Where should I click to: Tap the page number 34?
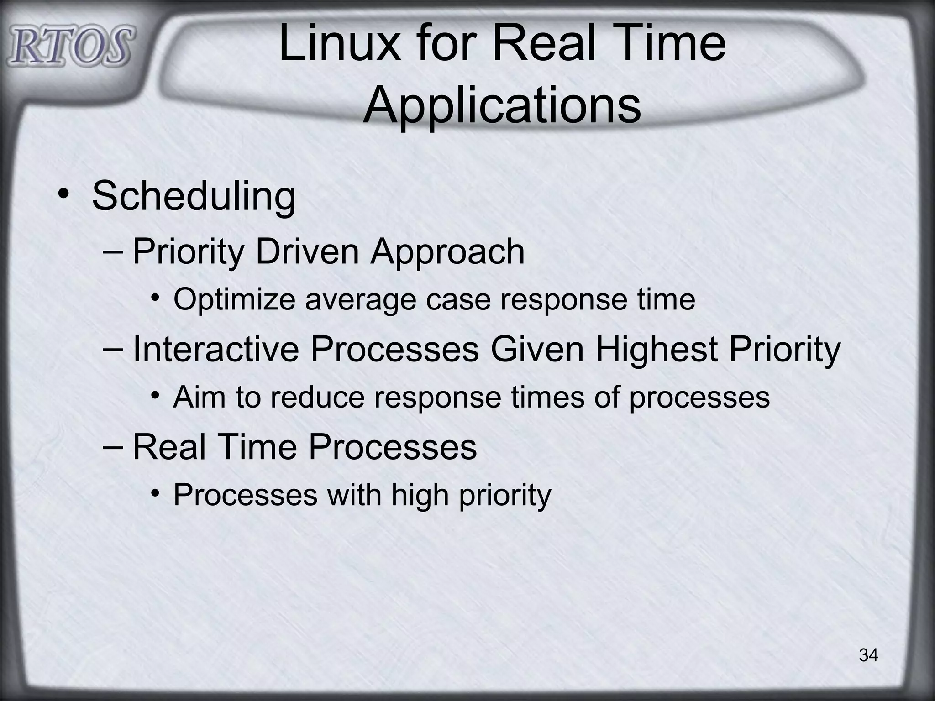pos(868,655)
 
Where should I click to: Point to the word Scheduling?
pos(194,196)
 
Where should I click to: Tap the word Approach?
pos(447,252)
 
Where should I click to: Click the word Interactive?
pos(216,349)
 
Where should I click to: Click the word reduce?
pos(317,397)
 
